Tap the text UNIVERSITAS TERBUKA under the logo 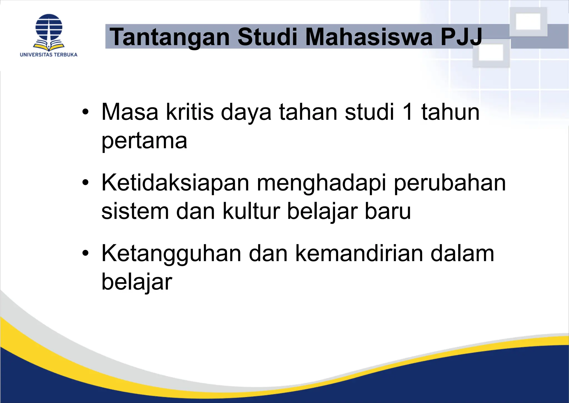pos(49,55)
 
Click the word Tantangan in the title pos(169,37)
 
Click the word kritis pos(190,112)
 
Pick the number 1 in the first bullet pos(408,112)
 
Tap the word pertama pos(144,141)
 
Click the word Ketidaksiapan pos(175,183)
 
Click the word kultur pos(251,211)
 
